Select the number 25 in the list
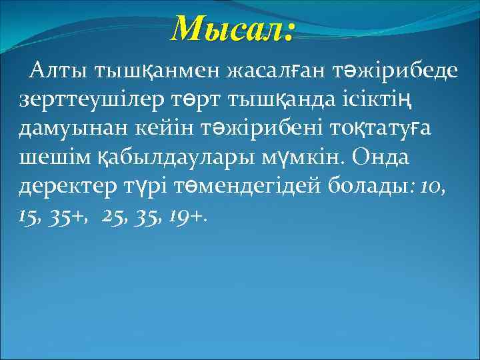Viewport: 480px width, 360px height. [x=115, y=217]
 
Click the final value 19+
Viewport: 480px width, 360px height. [x=189, y=217]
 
